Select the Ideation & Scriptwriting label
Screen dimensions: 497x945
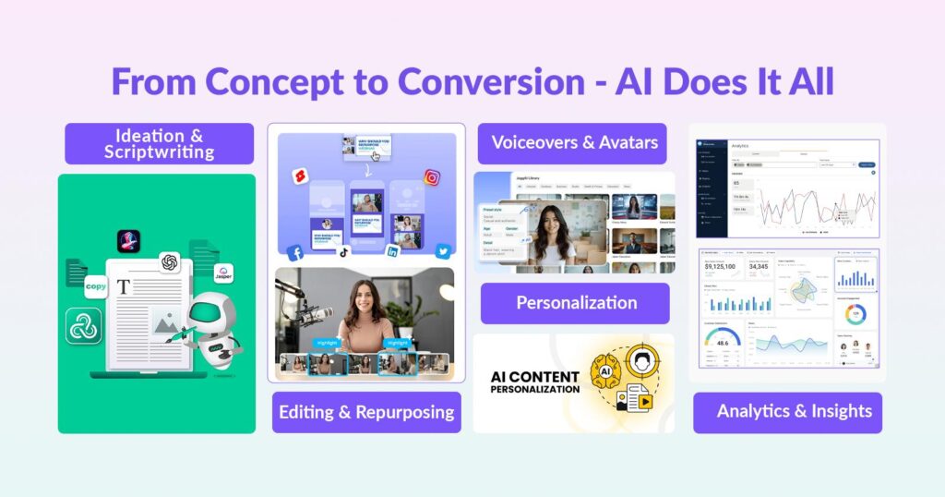coord(159,143)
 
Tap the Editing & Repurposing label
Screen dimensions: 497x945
coord(366,412)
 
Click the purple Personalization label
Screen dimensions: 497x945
coord(576,303)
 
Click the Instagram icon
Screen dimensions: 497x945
coord(432,177)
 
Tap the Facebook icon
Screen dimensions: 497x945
coord(295,252)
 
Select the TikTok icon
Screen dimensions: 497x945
coord(343,251)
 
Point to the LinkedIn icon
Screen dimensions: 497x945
coord(392,251)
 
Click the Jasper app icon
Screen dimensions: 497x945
coord(222,274)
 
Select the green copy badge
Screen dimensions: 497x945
coord(96,287)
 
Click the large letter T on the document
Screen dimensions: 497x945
coord(124,287)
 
